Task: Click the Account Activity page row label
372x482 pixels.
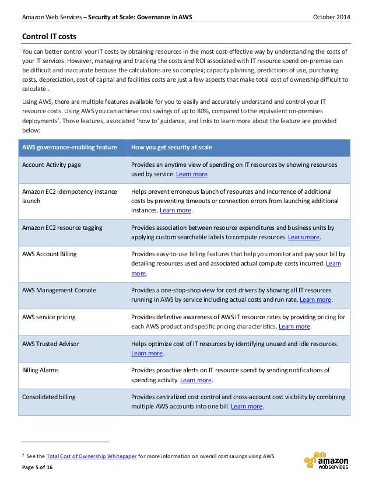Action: pos(51,165)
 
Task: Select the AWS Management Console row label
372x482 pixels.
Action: pos(59,290)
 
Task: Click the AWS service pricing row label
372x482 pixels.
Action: pos(48,317)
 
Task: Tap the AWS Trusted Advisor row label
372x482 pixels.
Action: pos(50,344)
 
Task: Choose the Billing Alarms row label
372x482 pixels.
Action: pos(40,370)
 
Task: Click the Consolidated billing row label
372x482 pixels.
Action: pos(48,397)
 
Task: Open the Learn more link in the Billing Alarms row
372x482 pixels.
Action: pos(196,380)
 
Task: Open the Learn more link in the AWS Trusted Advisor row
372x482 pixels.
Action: pos(148,353)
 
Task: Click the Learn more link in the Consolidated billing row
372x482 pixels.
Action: pos(247,406)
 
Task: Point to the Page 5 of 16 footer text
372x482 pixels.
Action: pos(40,469)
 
